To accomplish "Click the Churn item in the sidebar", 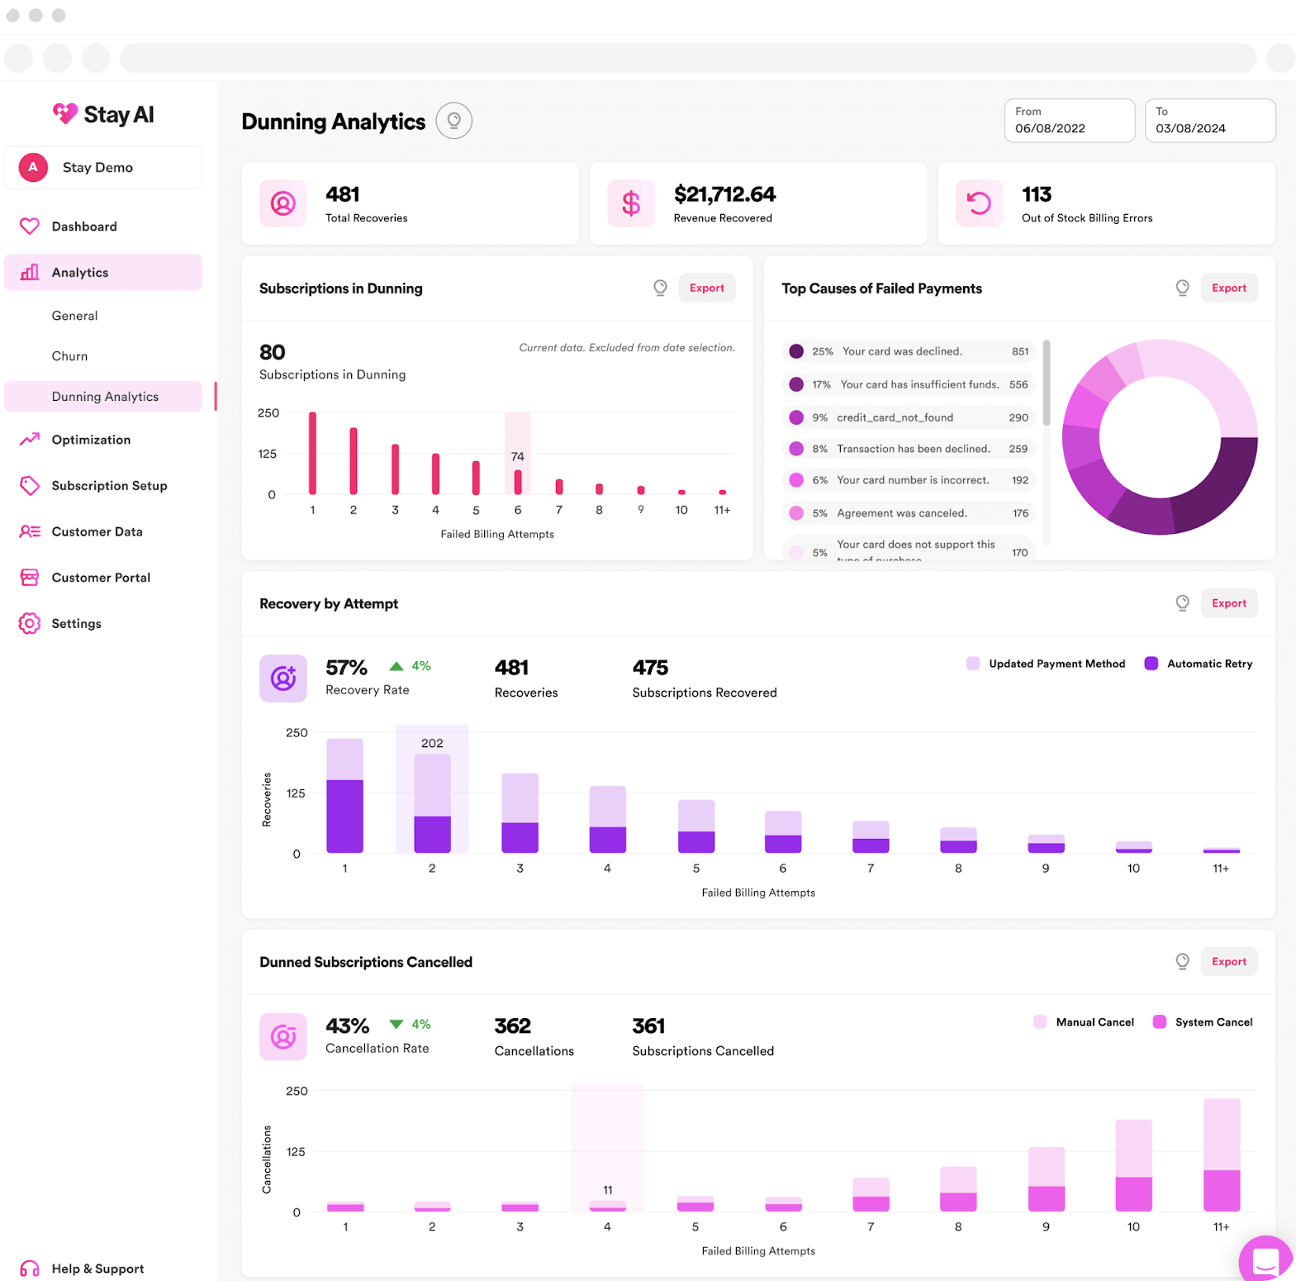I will point(69,356).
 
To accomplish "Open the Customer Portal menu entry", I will point(101,578).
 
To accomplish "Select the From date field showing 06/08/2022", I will point(1069,121).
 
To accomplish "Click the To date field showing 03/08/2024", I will point(1209,121).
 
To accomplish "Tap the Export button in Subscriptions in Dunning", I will point(706,288).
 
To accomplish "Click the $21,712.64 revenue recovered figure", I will point(724,194).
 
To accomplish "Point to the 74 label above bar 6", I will point(517,456).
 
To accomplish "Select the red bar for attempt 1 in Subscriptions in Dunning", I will point(312,453).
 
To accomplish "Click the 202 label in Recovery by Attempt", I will point(431,743).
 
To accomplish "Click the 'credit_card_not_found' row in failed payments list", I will point(895,417).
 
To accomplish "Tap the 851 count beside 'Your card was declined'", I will point(1020,351).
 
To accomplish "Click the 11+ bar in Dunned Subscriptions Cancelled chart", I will point(1221,1155).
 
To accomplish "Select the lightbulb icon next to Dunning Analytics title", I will point(453,121).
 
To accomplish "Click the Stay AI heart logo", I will point(65,113).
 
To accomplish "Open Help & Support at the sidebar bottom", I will point(97,1269).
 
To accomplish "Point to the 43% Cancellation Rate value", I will point(347,1026).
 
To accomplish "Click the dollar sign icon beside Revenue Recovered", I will point(631,203).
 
